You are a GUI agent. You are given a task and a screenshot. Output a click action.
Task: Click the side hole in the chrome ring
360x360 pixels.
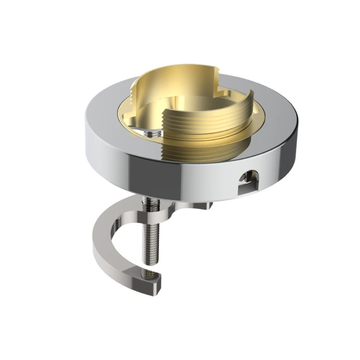click(x=246, y=179)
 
